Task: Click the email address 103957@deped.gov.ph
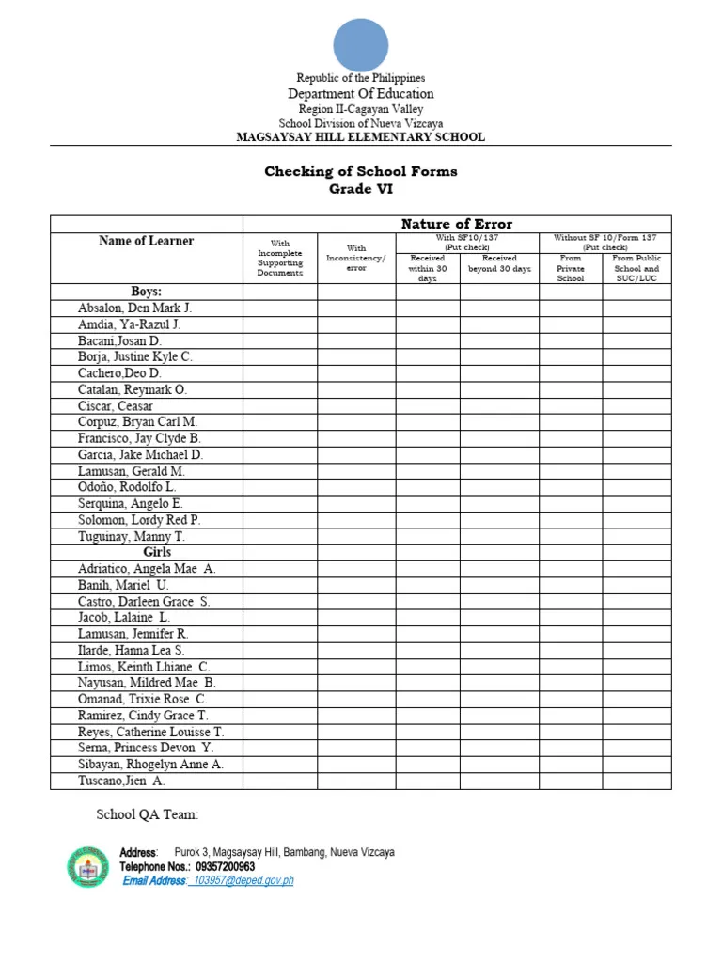point(243,881)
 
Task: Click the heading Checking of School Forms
point(361,171)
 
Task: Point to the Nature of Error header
point(457,224)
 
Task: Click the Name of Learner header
point(146,241)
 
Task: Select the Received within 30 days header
point(428,268)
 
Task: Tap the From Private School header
point(571,268)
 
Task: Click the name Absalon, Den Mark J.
point(135,308)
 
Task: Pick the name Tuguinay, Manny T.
point(132,537)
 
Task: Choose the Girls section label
point(157,553)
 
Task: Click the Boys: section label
point(146,292)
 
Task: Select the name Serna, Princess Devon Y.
point(146,749)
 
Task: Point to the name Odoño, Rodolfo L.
point(127,488)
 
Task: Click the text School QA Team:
point(148,814)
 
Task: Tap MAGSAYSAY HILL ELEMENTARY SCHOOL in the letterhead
point(361,137)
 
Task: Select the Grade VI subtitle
point(361,189)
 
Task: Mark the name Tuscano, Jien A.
point(121,781)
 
